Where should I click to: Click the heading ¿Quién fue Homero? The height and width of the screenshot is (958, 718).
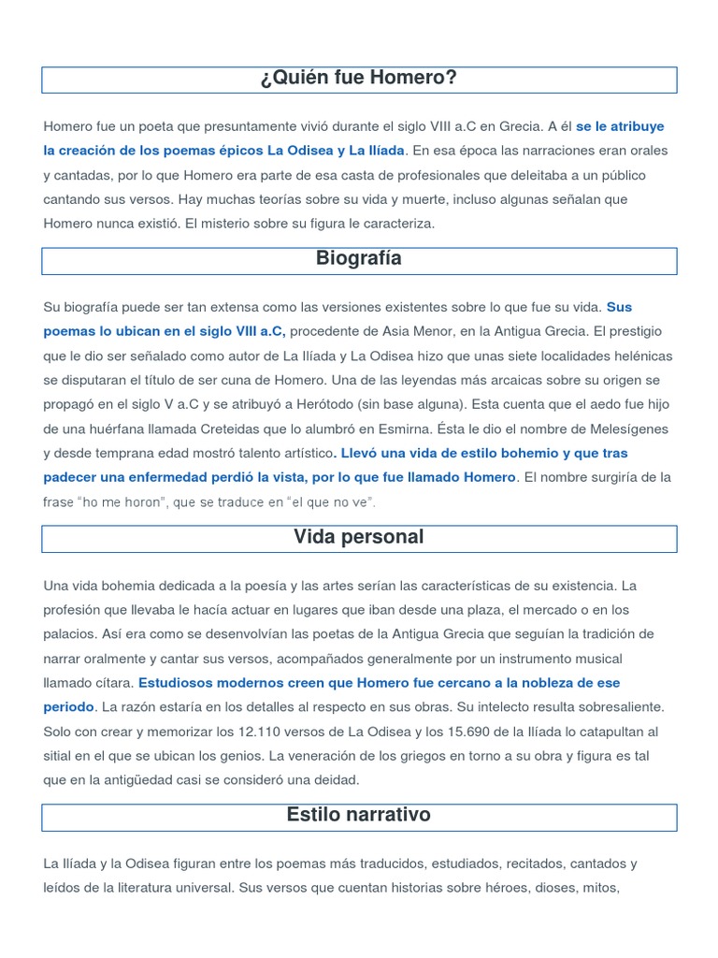click(359, 78)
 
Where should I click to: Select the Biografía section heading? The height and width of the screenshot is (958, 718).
click(359, 259)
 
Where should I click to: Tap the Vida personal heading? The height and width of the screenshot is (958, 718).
click(359, 537)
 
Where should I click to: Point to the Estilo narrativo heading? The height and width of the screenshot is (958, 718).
click(359, 815)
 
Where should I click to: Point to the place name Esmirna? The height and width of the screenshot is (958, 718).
click(407, 428)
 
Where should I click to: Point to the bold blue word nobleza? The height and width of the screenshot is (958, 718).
click(510, 683)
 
